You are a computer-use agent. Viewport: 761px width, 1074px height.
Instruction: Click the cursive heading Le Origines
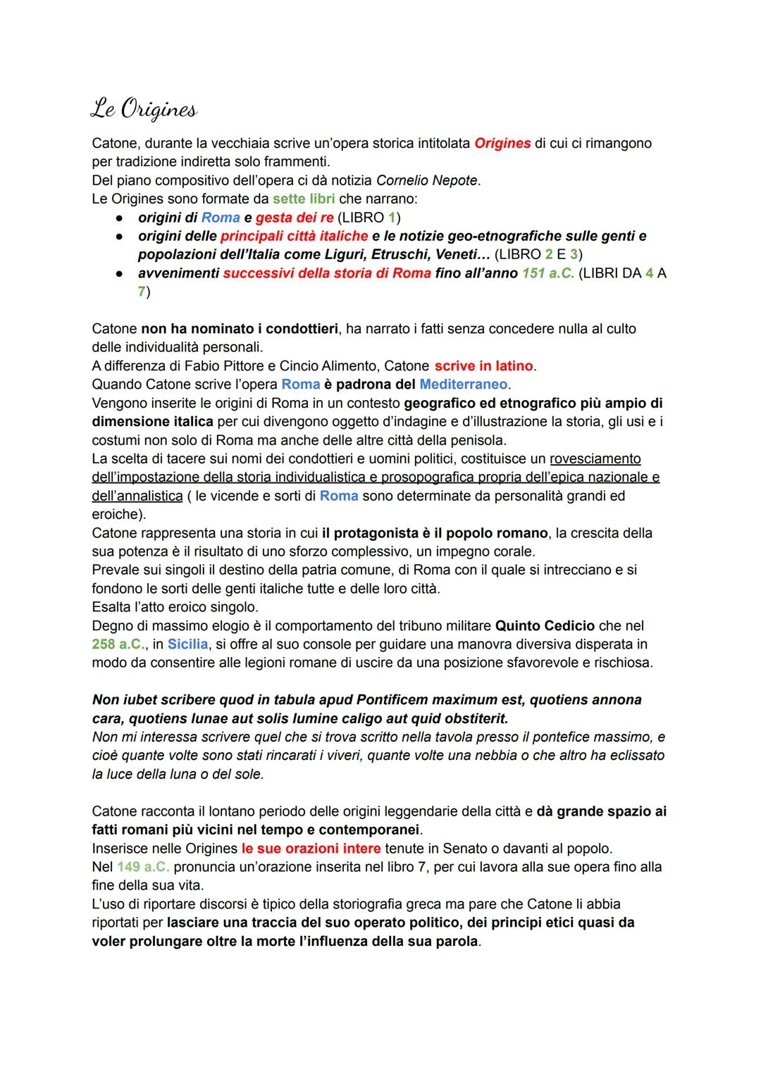[144, 109]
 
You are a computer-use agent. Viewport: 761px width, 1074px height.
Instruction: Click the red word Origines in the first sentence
[502, 144]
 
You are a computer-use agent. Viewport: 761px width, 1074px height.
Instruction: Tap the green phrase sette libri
[304, 199]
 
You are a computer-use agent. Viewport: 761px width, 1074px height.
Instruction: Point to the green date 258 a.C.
[118, 644]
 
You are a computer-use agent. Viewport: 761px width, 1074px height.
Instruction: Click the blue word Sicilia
[188, 644]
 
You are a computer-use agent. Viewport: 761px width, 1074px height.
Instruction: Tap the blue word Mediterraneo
[463, 385]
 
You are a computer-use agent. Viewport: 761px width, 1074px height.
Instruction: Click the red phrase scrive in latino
[483, 366]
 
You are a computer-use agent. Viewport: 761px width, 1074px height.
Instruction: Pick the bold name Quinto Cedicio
[545, 625]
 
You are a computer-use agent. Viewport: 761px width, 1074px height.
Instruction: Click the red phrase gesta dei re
[295, 218]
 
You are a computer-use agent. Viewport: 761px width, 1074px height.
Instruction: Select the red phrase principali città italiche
[294, 236]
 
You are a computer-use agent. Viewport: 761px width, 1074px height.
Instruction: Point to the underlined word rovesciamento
[595, 459]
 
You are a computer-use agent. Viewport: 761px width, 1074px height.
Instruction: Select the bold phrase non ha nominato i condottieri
[240, 329]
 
